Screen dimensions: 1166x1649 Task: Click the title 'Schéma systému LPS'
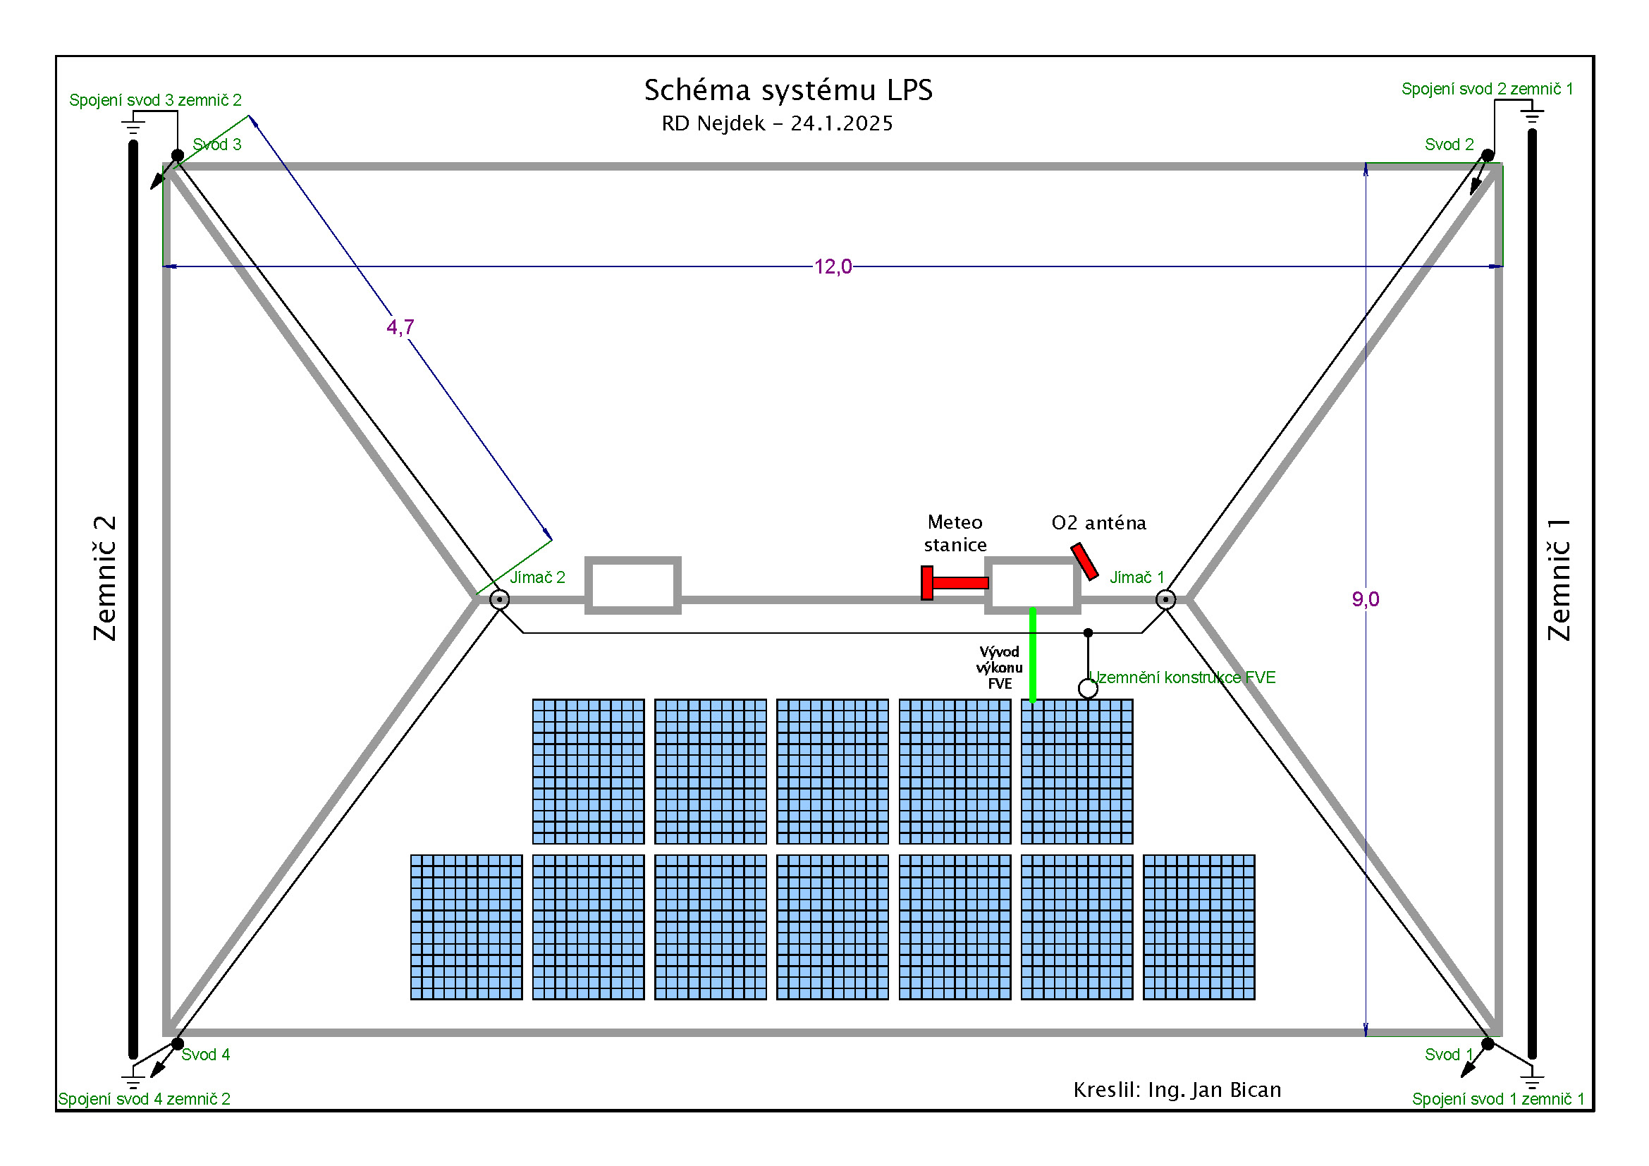(788, 90)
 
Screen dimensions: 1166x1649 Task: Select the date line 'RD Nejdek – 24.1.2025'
(777, 123)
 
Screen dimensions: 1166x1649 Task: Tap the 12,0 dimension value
(833, 267)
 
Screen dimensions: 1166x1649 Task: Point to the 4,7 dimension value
(400, 327)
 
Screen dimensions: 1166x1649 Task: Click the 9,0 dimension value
(1365, 599)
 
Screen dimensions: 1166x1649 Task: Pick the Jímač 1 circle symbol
(1165, 599)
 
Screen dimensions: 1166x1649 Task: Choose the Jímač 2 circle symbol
(499, 599)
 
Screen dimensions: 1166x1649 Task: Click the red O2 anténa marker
(1084, 561)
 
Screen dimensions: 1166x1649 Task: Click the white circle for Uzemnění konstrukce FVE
(1087, 689)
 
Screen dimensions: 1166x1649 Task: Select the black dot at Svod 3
(178, 155)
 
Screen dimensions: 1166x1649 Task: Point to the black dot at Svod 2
(1488, 155)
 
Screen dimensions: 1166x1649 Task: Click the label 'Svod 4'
(205, 1054)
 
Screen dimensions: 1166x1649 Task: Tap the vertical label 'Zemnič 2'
(105, 578)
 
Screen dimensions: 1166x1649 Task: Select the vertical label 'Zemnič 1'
(1559, 578)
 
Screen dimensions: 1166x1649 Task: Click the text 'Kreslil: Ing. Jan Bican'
(1177, 1090)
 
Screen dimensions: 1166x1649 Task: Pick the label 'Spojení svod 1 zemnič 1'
(1497, 1098)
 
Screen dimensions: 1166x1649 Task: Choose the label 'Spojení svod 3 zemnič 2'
(155, 100)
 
